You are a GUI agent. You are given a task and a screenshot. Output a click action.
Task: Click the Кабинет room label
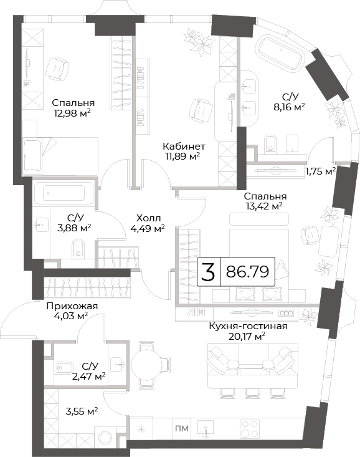184,146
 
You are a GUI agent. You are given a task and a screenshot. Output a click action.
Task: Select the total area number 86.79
247,272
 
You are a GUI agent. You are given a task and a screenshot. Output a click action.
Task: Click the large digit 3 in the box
209,272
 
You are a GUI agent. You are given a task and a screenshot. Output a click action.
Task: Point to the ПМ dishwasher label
182,428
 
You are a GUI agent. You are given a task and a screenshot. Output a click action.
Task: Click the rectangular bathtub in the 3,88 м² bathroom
64,193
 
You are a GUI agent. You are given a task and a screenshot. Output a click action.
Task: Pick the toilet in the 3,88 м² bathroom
78,249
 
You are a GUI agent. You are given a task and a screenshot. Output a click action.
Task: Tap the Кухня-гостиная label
248,326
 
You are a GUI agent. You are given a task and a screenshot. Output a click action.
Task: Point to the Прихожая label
72,306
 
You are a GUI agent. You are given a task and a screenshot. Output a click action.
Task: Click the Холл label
148,218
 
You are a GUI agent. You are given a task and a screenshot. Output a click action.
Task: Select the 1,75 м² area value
320,171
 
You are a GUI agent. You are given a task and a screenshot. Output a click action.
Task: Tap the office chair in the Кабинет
200,111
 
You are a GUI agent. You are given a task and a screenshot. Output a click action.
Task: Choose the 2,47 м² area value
88,376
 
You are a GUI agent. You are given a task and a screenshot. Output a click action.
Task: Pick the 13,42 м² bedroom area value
264,206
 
